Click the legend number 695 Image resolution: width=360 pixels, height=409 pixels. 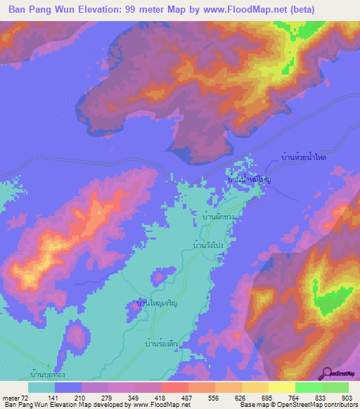(269, 398)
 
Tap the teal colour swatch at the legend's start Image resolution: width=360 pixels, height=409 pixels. (42, 387)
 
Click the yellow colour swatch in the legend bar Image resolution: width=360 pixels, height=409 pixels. (281, 387)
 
